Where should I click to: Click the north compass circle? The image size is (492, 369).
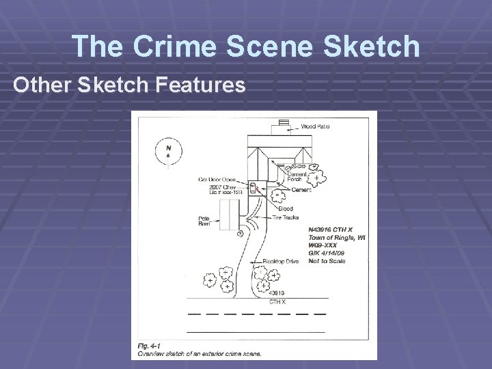tap(168, 152)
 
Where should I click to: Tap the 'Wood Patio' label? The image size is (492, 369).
tap(316, 126)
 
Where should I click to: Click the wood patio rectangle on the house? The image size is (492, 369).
tap(280, 128)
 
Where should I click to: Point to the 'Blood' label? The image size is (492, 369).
tap(286, 208)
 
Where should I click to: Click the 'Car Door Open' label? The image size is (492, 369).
tap(217, 179)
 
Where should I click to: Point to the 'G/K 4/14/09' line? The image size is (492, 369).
tap(327, 253)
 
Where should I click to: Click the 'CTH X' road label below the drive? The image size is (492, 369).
tap(277, 301)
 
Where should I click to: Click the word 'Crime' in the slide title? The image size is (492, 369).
tap(181, 46)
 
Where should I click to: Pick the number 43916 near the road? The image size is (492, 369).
tap(276, 293)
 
